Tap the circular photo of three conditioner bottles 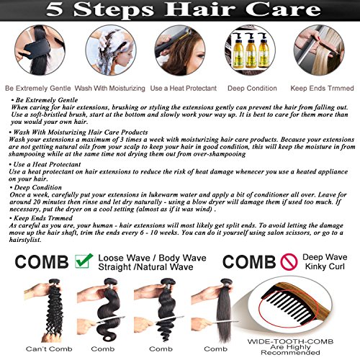[x=251, y=50]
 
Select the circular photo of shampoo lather [x=111, y=50]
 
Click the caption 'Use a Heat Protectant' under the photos [x=184, y=89]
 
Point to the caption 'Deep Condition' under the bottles [x=252, y=89]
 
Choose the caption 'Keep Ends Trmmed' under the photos [x=322, y=89]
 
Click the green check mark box [x=84, y=261]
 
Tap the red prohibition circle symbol [x=289, y=261]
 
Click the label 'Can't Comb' [x=49, y=349]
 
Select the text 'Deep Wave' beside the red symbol [x=325, y=257]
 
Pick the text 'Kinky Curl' [x=325, y=266]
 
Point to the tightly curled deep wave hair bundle [x=55, y=310]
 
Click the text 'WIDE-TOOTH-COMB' [x=290, y=341]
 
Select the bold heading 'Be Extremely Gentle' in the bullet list [x=47, y=100]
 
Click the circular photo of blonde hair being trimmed [x=319, y=50]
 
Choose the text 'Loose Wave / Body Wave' [x=152, y=258]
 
